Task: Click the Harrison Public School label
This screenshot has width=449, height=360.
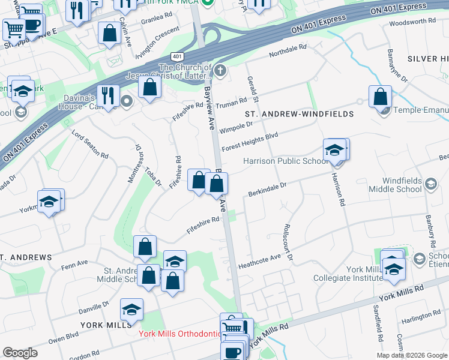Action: [x=285, y=161]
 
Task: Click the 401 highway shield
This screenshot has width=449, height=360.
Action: [x=176, y=56]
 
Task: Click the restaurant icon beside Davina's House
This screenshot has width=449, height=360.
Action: [x=108, y=95]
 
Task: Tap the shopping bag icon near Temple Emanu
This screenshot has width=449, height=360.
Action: [x=381, y=96]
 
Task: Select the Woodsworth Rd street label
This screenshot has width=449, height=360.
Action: [x=412, y=22]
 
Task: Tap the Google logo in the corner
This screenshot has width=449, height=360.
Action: [x=20, y=352]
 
